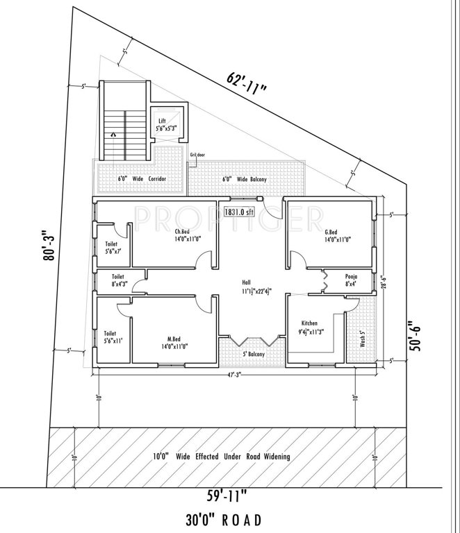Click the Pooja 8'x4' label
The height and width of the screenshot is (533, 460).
pos(352,280)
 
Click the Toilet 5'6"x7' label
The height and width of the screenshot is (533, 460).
pos(112,248)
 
